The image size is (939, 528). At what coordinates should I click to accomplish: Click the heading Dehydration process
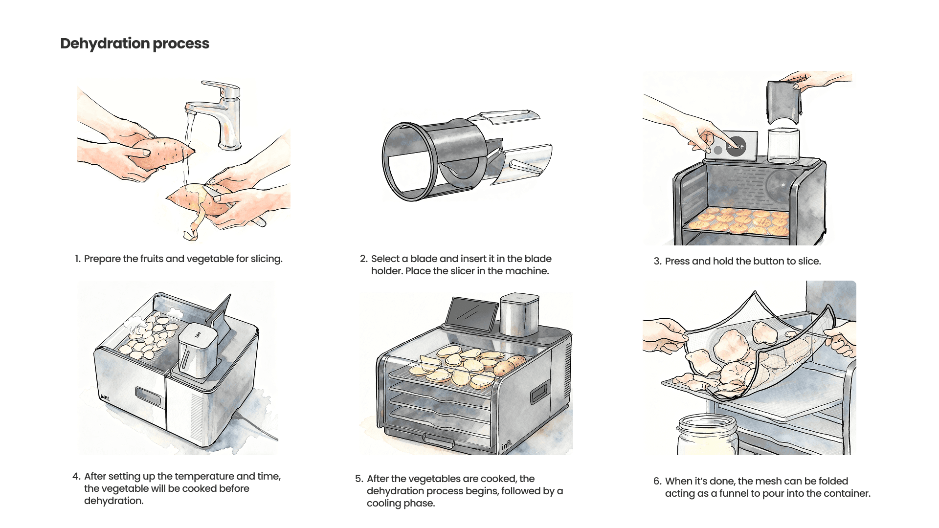pyautogui.click(x=134, y=44)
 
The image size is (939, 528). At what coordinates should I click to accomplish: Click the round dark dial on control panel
pyautogui.click(x=736, y=146)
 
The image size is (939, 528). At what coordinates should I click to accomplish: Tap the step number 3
pyautogui.click(x=657, y=262)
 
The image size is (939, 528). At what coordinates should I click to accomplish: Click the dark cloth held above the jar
pyautogui.click(x=782, y=103)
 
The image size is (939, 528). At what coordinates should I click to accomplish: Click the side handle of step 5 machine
pyautogui.click(x=539, y=393)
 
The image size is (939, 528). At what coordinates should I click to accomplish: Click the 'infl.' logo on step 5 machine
pyautogui.click(x=507, y=445)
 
